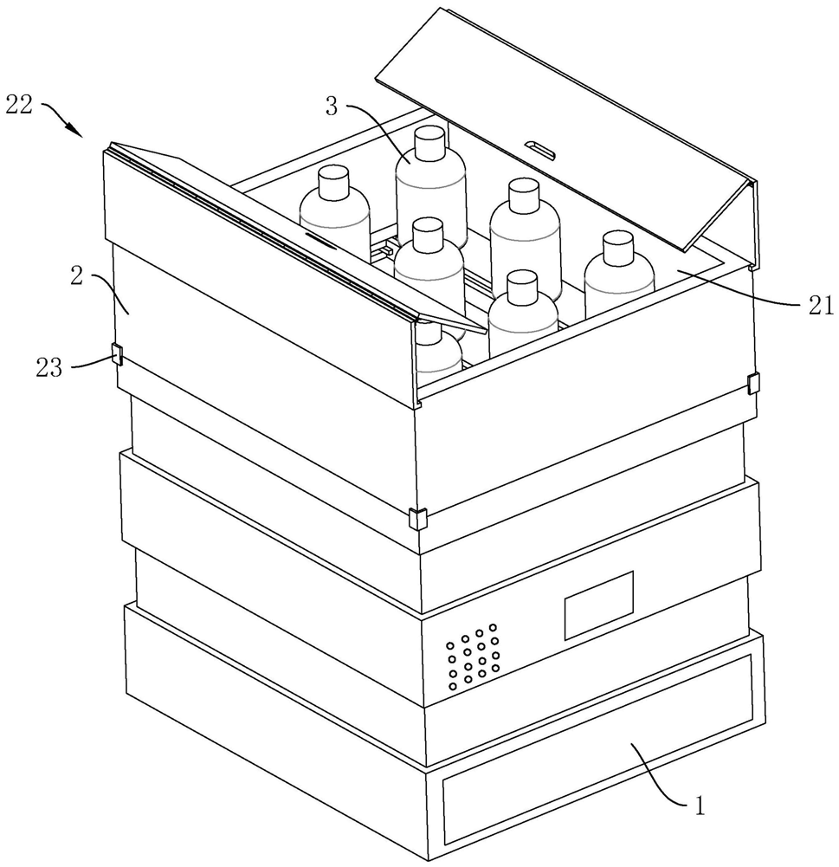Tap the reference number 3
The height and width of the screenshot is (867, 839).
click(332, 107)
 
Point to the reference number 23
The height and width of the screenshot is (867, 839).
click(49, 367)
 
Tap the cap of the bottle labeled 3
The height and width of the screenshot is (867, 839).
click(429, 143)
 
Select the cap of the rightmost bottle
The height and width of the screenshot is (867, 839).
click(617, 248)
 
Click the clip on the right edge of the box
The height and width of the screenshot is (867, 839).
click(753, 382)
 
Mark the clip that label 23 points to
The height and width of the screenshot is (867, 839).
click(116, 354)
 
